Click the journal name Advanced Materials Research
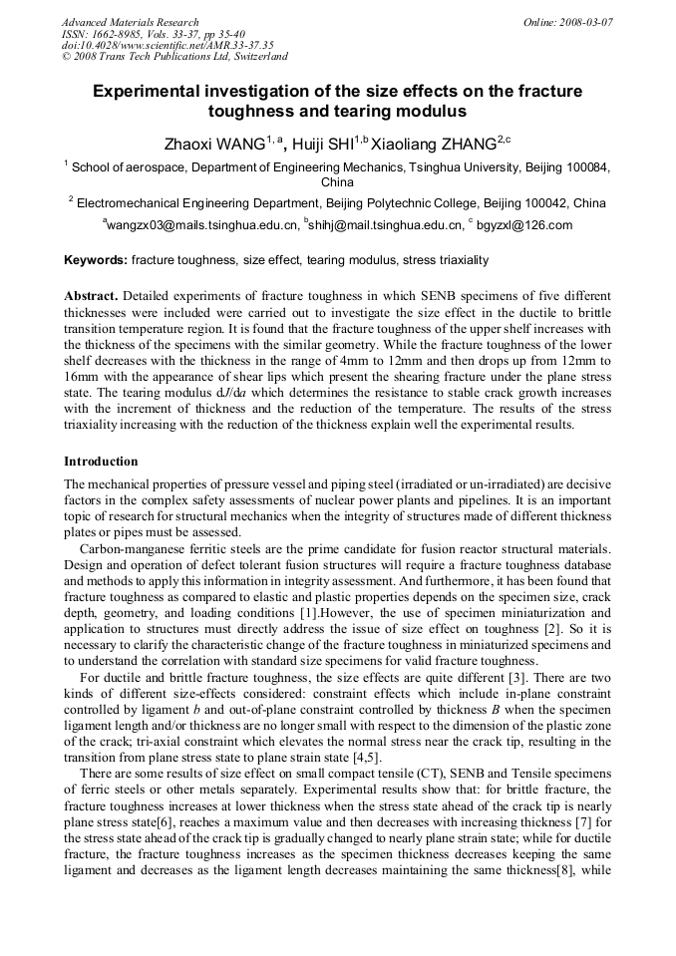tap(130, 22)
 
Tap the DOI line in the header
tap(168, 46)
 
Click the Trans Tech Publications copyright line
tap(174, 57)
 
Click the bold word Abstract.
tap(93, 297)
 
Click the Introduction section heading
tap(101, 462)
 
